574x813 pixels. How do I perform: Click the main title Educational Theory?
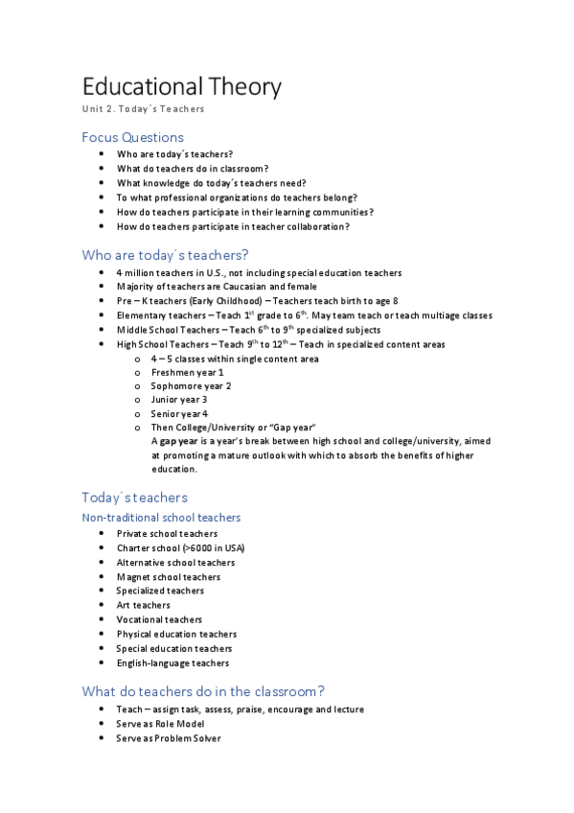click(181, 86)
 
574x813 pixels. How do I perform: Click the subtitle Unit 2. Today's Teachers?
click(143, 109)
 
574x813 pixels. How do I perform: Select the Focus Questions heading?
click(132, 137)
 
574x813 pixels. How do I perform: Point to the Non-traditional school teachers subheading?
click(161, 518)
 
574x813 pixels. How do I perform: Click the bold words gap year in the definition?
click(179, 441)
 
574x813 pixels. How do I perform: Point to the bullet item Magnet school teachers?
click(169, 577)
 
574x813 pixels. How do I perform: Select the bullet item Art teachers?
click(144, 605)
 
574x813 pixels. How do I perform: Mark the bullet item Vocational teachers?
click(159, 619)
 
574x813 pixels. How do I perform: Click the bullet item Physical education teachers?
click(176, 634)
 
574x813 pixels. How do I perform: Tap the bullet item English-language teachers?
click(172, 662)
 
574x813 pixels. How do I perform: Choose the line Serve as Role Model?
click(160, 724)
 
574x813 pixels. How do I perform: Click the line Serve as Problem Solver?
click(169, 738)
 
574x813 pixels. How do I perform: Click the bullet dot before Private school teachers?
click(103, 534)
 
